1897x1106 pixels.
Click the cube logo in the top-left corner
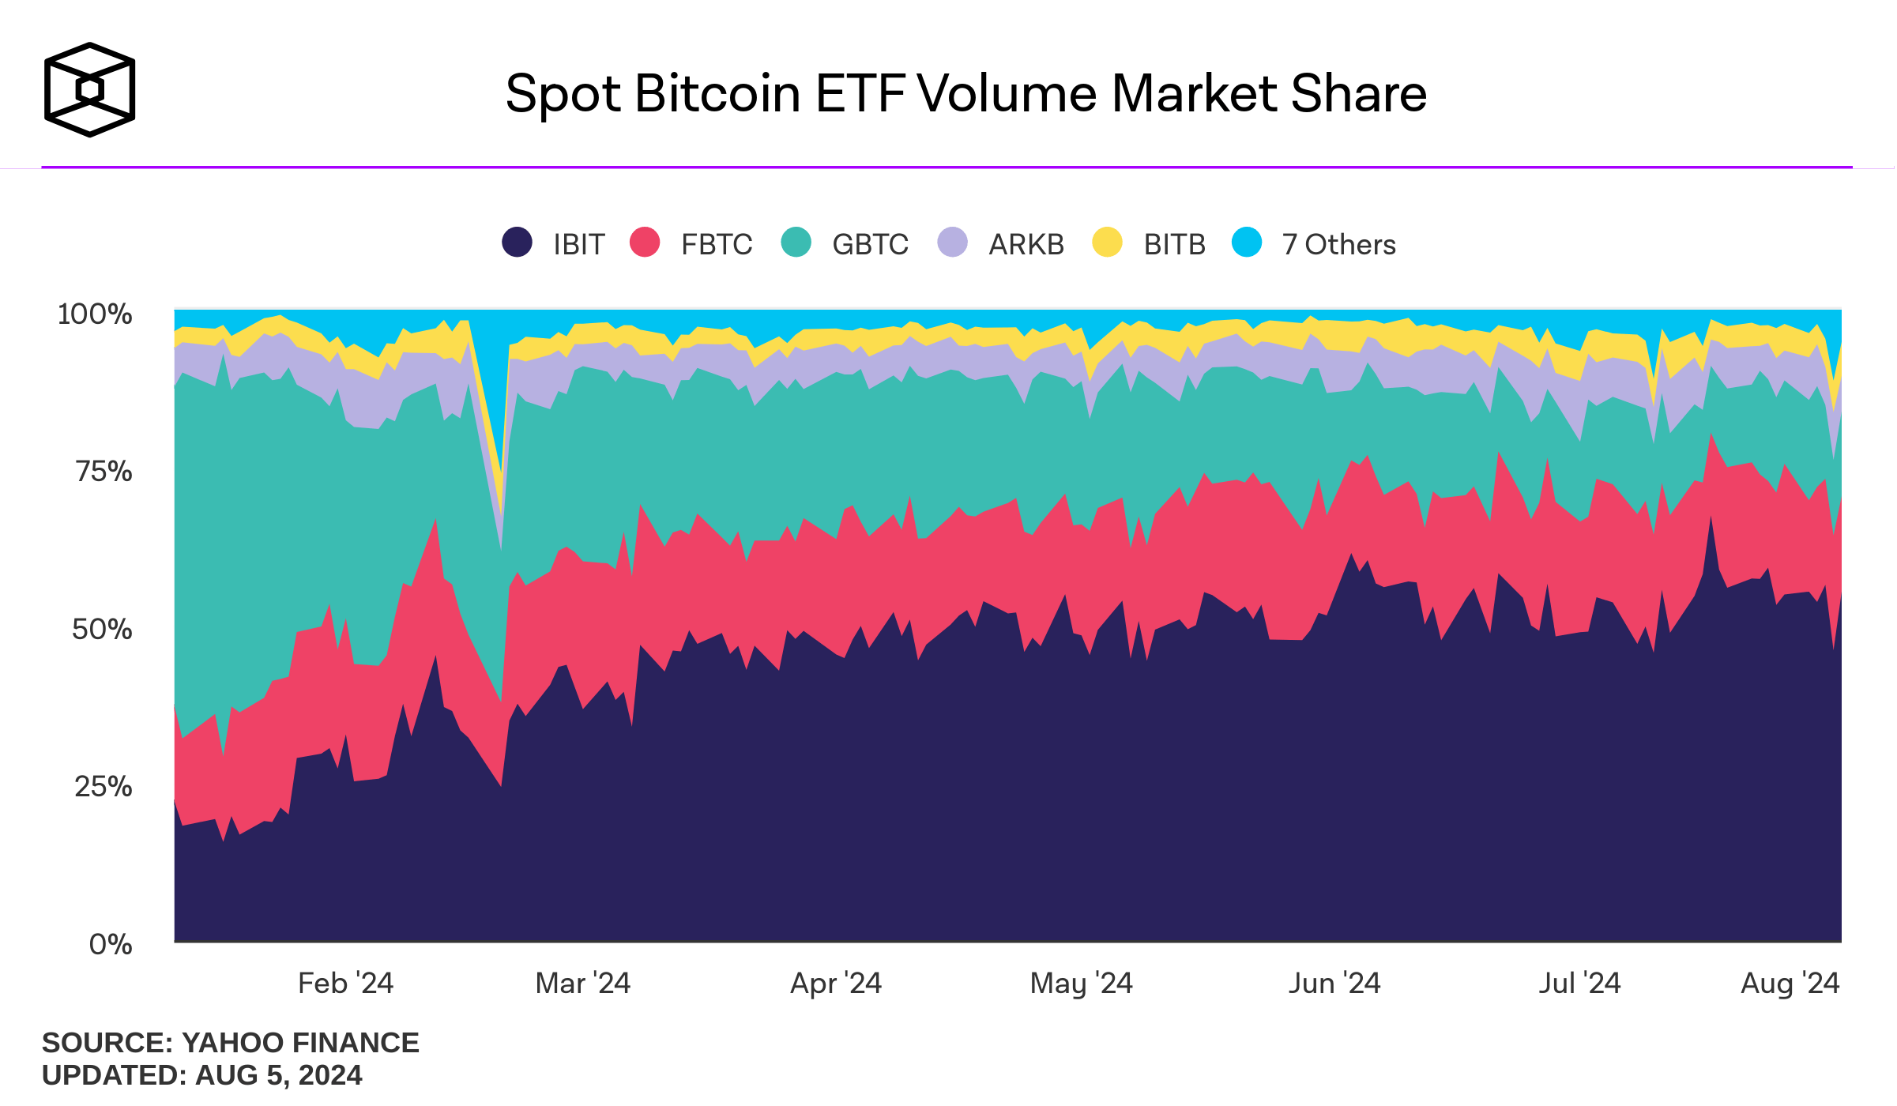[89, 89]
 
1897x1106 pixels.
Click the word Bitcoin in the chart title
[717, 94]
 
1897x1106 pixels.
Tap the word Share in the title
[1358, 94]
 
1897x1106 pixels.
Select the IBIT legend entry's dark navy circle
[517, 242]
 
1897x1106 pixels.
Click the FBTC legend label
[716, 245]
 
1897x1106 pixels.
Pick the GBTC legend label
[870, 245]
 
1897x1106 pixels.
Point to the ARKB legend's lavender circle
[952, 242]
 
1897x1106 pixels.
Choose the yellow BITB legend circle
[1107, 242]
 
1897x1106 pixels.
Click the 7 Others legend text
[1338, 245]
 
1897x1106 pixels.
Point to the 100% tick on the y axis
[95, 314]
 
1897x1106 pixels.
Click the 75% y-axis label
[104, 472]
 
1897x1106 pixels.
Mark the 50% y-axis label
[102, 630]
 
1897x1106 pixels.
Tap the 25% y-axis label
[103, 787]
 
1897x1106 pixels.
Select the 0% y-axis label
[111, 944]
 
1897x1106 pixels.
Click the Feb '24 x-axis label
[345, 984]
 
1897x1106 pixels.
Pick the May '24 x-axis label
[1081, 984]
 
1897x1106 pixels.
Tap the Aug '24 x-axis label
[1790, 984]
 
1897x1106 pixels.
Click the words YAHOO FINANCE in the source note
[300, 1043]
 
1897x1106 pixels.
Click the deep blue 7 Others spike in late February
[489, 371]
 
